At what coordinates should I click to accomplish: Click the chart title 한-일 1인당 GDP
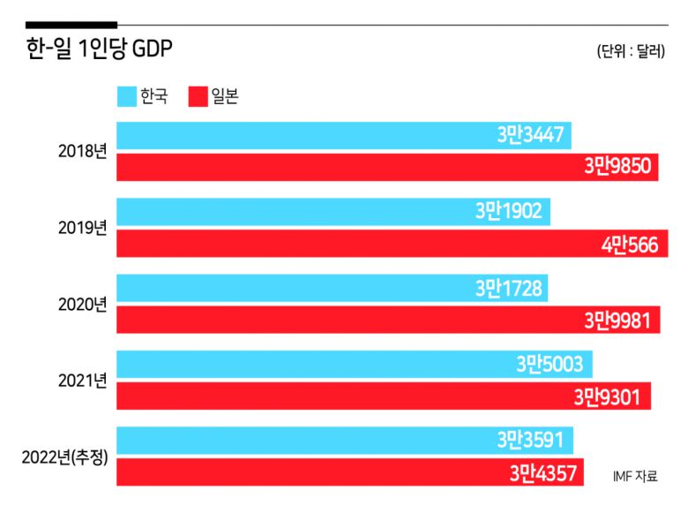pos(99,50)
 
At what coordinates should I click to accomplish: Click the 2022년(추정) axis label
pos(65,456)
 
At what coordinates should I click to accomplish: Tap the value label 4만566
pos(629,244)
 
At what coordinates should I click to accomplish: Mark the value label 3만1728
pos(508,288)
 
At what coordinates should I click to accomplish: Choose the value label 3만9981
pos(621,320)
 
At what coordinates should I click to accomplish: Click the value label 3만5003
pos(550,364)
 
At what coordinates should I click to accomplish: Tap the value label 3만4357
pos(542,472)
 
